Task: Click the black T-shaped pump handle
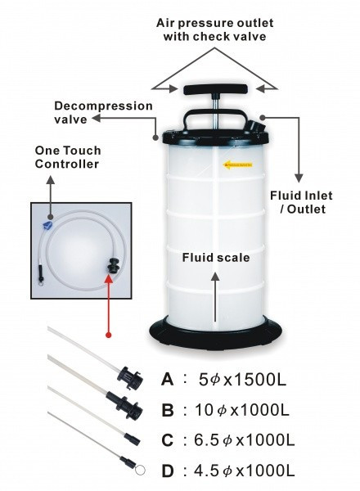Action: click(214, 90)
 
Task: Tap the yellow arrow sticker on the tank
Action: click(237, 164)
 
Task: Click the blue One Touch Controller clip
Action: click(47, 224)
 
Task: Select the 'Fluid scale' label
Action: click(216, 258)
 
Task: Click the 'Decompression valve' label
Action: click(103, 112)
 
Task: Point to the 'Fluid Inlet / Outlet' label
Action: click(301, 202)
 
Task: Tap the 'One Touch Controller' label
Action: click(68, 157)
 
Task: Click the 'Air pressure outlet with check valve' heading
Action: click(214, 29)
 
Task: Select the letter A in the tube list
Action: click(168, 380)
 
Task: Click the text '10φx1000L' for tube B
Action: click(241, 410)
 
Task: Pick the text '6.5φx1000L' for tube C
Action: click(245, 440)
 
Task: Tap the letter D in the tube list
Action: click(168, 471)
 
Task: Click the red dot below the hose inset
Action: click(108, 335)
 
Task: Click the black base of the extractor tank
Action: click(215, 334)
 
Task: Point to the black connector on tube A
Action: click(130, 377)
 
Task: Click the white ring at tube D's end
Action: click(140, 470)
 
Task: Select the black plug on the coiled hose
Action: click(113, 265)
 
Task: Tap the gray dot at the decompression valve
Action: click(155, 137)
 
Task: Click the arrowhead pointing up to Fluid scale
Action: click(215, 277)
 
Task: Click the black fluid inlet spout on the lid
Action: click(258, 126)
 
